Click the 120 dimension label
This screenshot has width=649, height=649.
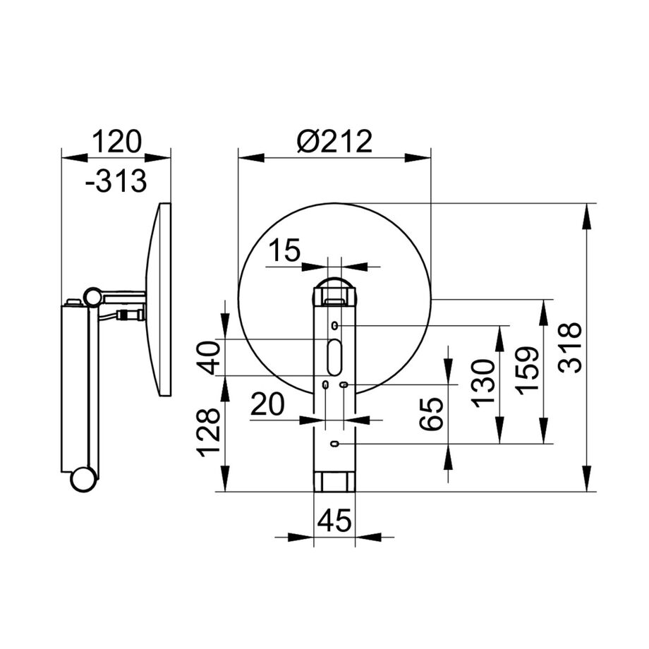coord(116,141)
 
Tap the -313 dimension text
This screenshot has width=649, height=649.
coord(116,181)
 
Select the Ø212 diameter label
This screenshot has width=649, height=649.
coord(334,141)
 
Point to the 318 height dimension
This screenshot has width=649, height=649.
coord(570,347)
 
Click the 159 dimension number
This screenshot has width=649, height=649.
coord(527,371)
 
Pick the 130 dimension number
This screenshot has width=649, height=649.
coord(483,384)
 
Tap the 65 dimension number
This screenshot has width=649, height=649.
coord(431,414)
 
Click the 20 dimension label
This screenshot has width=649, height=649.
coord(268,404)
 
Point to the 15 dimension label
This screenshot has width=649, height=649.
coord(284,250)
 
